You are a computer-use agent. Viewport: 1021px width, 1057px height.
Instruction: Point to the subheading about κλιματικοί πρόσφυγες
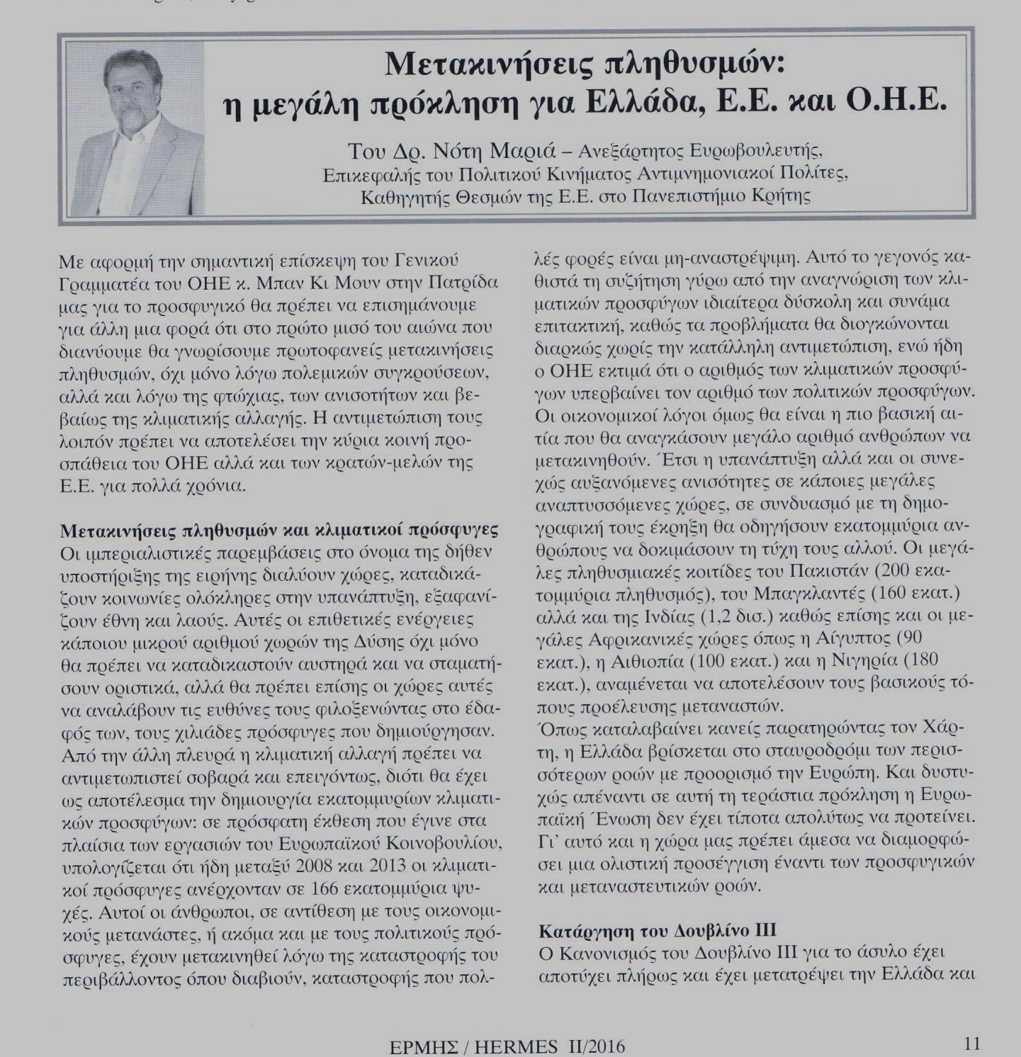click(x=280, y=530)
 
